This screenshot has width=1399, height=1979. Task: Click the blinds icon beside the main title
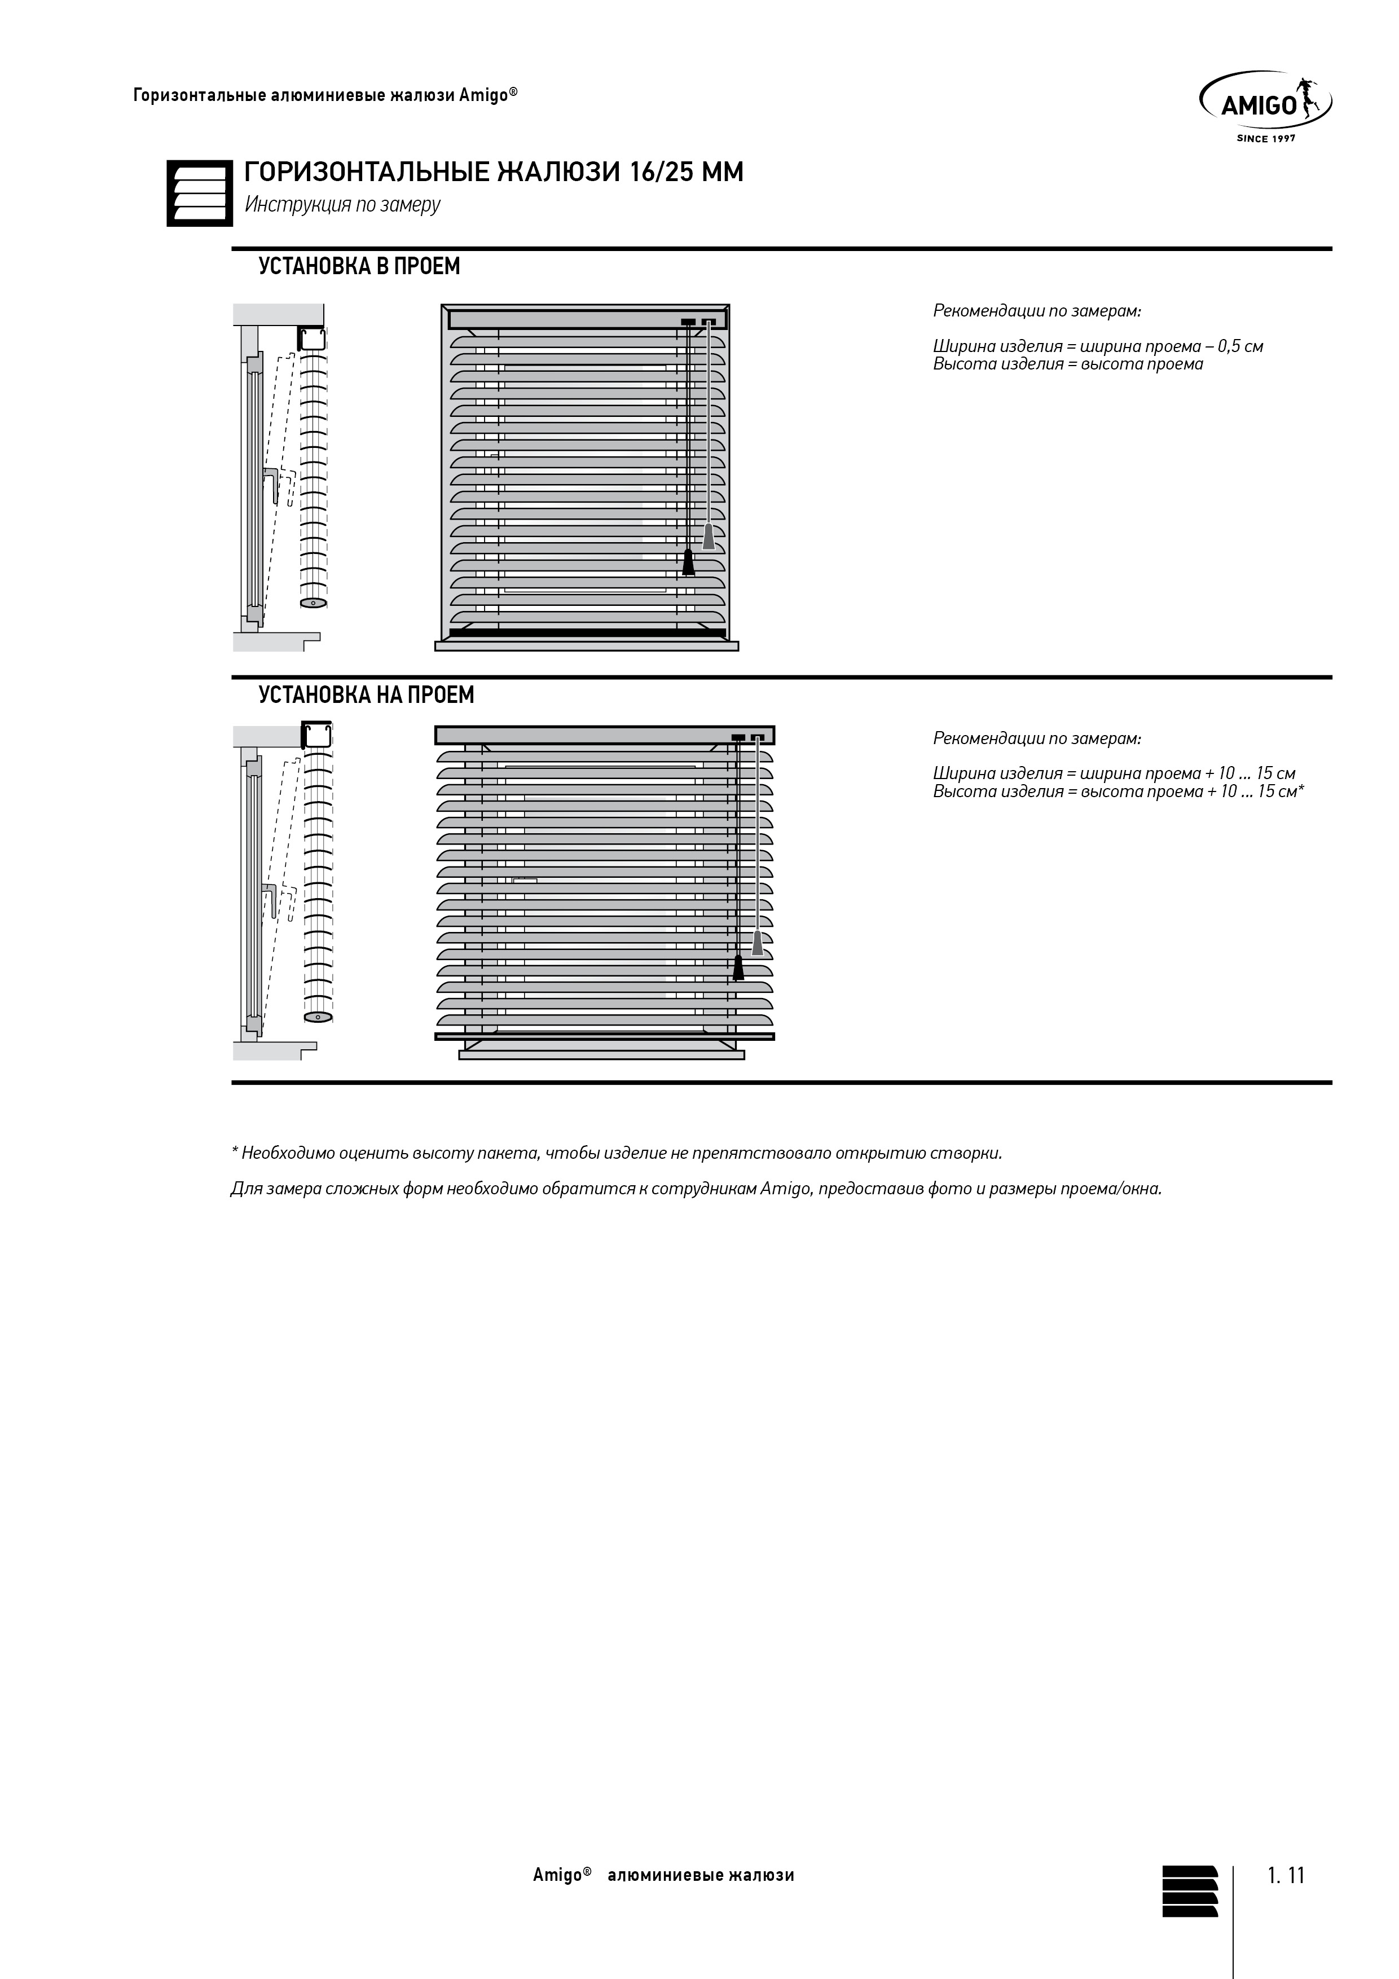(199, 194)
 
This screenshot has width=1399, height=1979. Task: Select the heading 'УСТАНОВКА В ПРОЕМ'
(359, 266)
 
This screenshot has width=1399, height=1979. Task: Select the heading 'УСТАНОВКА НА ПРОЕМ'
(366, 694)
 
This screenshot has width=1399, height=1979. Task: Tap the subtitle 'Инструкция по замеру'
(342, 205)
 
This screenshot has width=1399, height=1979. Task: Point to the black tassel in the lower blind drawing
(738, 968)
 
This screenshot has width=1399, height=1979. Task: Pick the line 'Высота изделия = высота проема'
(1067, 364)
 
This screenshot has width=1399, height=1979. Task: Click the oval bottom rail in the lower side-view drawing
(318, 1018)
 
